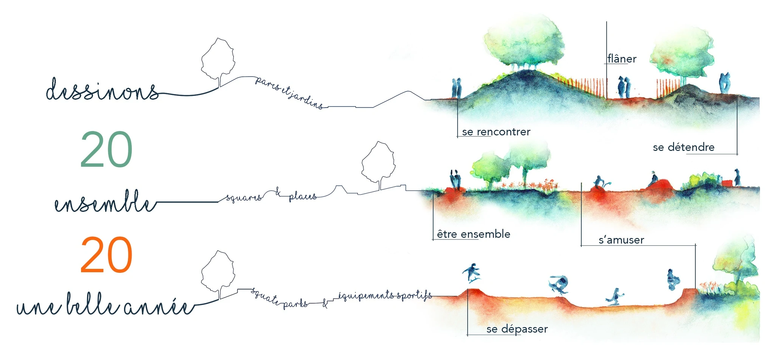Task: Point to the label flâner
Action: tap(622, 59)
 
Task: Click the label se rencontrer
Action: tap(496, 132)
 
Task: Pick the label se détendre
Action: tap(684, 147)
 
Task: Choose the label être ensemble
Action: tap(474, 234)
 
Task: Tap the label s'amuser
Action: tap(621, 240)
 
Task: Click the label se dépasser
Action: tap(517, 329)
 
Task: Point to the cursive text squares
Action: tap(244, 197)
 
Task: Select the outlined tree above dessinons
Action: tap(218, 61)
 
